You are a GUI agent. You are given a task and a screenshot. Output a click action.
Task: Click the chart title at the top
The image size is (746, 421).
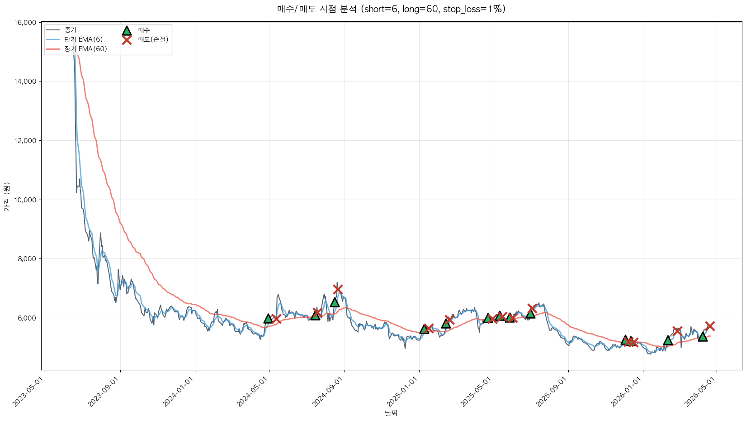[x=391, y=9]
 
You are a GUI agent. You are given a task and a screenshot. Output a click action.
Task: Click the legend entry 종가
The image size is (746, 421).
[x=71, y=30]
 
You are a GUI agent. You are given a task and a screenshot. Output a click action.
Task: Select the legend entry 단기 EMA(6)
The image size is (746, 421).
[x=84, y=39]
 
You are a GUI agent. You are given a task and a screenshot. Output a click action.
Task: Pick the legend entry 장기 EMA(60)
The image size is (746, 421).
[x=85, y=49]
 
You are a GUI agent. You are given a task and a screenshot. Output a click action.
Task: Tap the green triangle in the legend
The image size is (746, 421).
[x=127, y=30]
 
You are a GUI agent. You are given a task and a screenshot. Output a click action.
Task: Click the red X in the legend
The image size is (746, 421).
[x=127, y=40]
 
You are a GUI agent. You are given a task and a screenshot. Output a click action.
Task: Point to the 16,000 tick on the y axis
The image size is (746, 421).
[x=26, y=23]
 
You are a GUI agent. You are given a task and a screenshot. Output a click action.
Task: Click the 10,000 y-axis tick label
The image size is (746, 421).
[x=26, y=200]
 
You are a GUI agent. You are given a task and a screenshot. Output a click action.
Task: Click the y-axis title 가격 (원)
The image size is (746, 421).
[x=6, y=197]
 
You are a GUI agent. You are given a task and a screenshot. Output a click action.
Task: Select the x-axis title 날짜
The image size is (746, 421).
[x=391, y=413]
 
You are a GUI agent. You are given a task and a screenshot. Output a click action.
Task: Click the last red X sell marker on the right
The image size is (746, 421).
[x=710, y=326]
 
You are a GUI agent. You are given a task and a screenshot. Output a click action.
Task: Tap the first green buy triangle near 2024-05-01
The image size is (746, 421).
[x=268, y=319]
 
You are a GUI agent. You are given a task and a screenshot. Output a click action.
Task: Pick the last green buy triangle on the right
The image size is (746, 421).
[x=702, y=336]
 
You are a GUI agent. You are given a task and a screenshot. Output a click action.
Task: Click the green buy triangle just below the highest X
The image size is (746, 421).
[x=335, y=302]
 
